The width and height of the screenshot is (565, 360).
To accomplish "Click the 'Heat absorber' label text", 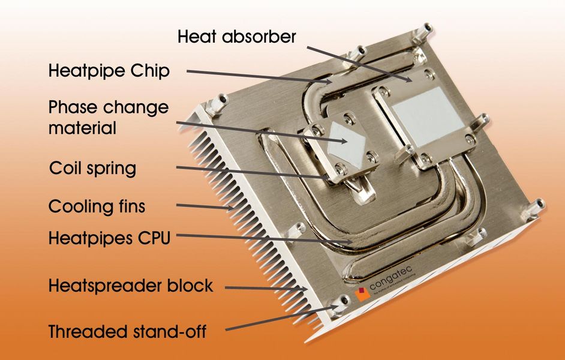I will [236, 37].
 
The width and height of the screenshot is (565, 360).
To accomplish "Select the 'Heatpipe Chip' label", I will [109, 71].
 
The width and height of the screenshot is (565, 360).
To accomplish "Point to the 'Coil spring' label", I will [92, 168].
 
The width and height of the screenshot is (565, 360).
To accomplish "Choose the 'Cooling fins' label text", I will [97, 207].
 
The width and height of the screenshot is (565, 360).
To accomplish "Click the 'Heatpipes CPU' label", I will [109, 238].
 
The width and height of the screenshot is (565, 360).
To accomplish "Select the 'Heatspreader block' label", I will [130, 286].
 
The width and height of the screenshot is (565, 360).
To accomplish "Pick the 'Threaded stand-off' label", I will [127, 331].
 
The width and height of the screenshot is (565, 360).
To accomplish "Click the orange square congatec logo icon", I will [362, 294].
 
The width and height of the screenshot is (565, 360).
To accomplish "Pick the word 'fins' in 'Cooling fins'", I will [130, 207].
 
